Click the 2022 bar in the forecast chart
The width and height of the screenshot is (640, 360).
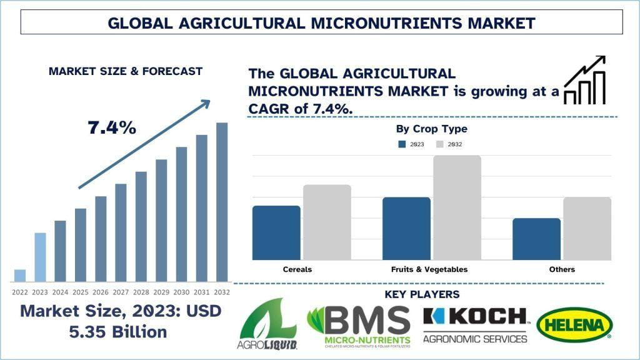[20, 276]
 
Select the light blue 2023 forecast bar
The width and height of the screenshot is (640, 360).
[40, 257]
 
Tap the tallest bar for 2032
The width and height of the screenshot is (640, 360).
[222, 202]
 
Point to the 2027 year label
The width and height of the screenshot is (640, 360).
[121, 292]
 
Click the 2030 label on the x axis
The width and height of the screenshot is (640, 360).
[181, 292]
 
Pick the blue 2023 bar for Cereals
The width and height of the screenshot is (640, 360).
[276, 232]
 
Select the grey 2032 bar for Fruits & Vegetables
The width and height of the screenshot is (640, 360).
[457, 207]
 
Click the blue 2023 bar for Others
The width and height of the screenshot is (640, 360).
[536, 239]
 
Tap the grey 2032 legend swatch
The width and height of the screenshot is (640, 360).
[439, 144]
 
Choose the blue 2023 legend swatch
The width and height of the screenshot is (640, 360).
[402, 144]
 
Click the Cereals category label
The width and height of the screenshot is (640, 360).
[297, 269]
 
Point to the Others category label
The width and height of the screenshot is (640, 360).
[562, 269]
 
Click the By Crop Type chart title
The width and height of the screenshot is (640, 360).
[431, 129]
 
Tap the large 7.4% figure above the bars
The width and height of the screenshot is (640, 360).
[112, 127]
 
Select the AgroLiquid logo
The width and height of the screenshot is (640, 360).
[267, 324]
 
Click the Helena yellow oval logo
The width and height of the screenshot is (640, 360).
[574, 324]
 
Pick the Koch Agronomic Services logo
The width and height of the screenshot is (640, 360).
[476, 325]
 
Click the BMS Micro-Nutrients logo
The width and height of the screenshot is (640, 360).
[359, 326]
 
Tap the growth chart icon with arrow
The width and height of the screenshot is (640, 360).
[584, 80]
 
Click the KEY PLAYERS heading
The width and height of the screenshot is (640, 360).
[422, 294]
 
